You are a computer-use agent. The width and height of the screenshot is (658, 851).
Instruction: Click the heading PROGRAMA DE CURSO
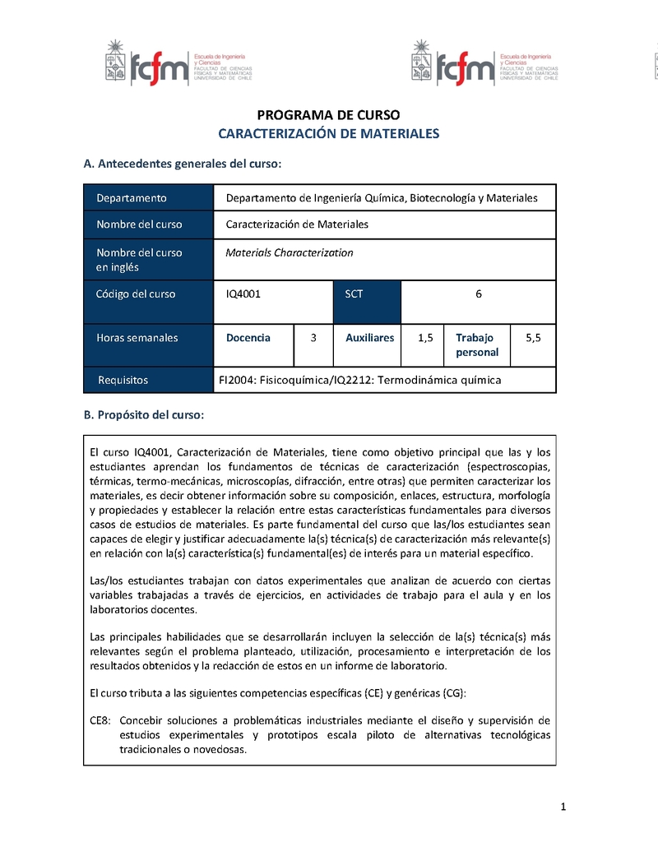[328, 115]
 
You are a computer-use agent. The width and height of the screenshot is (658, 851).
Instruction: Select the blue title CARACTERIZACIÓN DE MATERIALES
[328, 133]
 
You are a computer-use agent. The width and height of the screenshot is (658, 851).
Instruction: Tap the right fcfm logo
[485, 62]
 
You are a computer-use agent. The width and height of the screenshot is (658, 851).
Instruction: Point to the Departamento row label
[132, 198]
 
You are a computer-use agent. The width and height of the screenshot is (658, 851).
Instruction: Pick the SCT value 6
[479, 294]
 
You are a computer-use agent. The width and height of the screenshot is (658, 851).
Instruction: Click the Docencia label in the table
[248, 337]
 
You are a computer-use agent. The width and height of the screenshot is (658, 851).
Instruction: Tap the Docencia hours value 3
[313, 337]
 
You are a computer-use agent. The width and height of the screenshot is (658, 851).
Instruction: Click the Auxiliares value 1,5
[425, 337]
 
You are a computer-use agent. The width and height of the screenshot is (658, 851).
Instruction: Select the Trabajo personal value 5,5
[533, 337]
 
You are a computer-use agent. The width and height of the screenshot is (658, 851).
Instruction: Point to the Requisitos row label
[123, 380]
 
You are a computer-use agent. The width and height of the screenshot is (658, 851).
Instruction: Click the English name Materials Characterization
[290, 252]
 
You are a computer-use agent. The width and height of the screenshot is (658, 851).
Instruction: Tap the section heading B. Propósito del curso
[144, 415]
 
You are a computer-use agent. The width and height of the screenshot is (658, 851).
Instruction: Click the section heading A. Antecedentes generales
[183, 164]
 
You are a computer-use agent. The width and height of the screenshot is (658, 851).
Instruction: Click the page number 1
[563, 807]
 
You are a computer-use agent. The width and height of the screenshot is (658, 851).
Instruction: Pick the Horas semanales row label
[137, 337]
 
